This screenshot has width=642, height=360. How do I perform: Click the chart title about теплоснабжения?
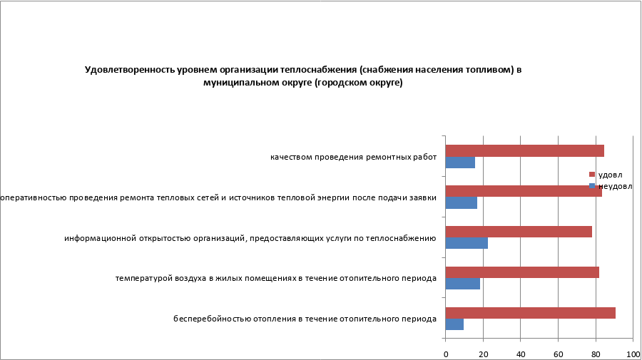[x=303, y=76]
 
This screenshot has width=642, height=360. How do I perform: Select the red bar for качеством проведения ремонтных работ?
[x=524, y=150]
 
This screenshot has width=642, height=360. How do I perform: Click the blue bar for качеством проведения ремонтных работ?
[x=460, y=163]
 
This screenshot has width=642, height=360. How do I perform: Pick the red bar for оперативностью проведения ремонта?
[x=523, y=191]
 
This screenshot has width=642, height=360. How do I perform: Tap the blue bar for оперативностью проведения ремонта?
[x=461, y=203]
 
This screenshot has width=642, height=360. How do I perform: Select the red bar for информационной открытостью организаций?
[x=519, y=232]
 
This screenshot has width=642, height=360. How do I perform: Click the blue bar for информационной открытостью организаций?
[x=467, y=243]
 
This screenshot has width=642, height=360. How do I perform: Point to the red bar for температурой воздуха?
[x=522, y=272]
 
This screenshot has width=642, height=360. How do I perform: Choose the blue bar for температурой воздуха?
[x=462, y=284]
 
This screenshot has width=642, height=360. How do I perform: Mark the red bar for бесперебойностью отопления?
[x=530, y=313]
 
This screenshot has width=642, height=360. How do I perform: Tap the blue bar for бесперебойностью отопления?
[x=454, y=324]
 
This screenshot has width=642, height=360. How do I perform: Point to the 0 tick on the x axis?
[x=446, y=354]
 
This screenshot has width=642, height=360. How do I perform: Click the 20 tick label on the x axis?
[x=483, y=354]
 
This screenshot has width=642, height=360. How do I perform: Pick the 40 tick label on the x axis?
[x=521, y=354]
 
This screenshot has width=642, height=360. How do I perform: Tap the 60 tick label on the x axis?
[x=558, y=354]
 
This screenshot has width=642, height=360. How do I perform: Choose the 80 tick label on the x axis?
[x=596, y=354]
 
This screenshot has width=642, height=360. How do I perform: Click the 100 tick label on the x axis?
[x=632, y=354]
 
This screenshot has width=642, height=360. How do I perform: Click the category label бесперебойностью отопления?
[x=305, y=319]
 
